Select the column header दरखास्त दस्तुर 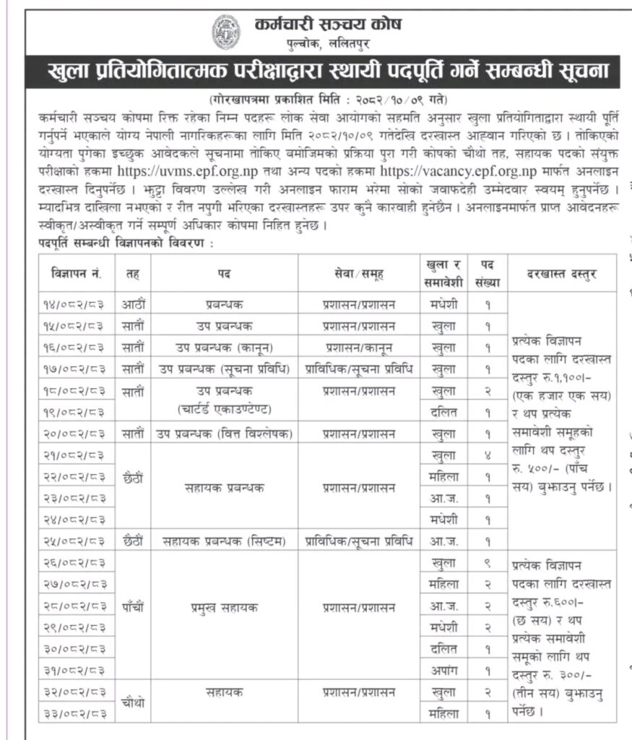[x=563, y=274]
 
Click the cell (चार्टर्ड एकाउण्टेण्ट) [x=225, y=413]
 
